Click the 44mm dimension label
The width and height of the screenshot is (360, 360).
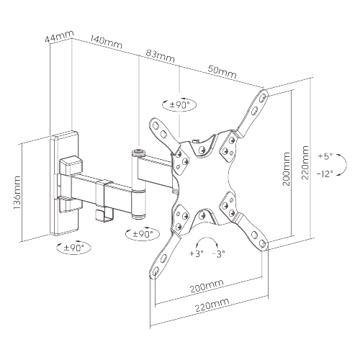pyautogui.click(x=59, y=37)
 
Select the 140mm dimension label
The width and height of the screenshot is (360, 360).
pyautogui.click(x=106, y=42)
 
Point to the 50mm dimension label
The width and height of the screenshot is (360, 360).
pyautogui.click(x=222, y=72)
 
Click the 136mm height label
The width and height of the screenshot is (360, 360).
pyautogui.click(x=17, y=192)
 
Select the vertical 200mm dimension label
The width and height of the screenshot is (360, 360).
pyautogui.click(x=287, y=169)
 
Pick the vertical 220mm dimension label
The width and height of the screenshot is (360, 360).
pyautogui.click(x=305, y=163)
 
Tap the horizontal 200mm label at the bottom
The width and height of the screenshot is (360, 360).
pyautogui.click(x=207, y=286)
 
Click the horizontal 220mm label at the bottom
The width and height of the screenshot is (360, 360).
pyautogui.click(x=212, y=305)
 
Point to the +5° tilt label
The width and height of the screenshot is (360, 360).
pyautogui.click(x=325, y=156)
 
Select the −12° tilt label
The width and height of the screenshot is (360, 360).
pyautogui.click(x=325, y=174)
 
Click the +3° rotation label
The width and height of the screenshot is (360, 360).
pyautogui.click(x=197, y=253)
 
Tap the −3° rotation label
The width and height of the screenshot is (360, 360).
pyautogui.click(x=219, y=253)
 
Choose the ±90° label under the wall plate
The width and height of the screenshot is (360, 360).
pyautogui.click(x=74, y=248)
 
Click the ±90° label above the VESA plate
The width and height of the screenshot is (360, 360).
pyautogui.click(x=179, y=105)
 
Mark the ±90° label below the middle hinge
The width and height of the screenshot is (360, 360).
pyautogui.click(x=143, y=234)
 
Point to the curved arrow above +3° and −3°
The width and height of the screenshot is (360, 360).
pyautogui.click(x=207, y=238)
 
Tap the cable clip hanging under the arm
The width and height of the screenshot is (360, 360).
pyautogui.click(x=104, y=215)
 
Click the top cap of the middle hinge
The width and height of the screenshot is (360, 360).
pyautogui.click(x=139, y=153)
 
